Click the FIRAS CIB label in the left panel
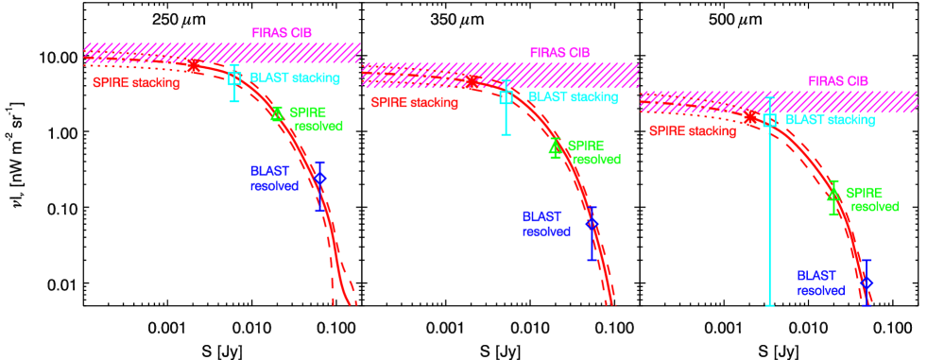pyautogui.click(x=282, y=33)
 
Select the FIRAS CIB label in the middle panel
pyautogui.click(x=559, y=53)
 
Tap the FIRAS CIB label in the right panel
pyautogui.click(x=837, y=81)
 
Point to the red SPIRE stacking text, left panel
pyautogui.click(x=136, y=82)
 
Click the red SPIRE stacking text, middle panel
pyautogui.click(x=414, y=102)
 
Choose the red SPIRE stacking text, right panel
pyautogui.click(x=692, y=131)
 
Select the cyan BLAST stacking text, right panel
pyautogui.click(x=830, y=120)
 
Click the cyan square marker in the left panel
pyautogui.click(x=235, y=78)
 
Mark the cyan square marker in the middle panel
pyautogui.click(x=506, y=96)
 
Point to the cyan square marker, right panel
pyautogui.click(x=769, y=120)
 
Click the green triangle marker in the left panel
pyautogui.click(x=277, y=113)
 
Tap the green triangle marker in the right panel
pyautogui.click(x=833, y=195)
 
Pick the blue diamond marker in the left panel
pyautogui.click(x=320, y=178)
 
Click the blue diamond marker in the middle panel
pyautogui.click(x=592, y=224)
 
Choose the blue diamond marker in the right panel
pyautogui.click(x=867, y=282)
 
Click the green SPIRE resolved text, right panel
pyautogui.click(x=871, y=199)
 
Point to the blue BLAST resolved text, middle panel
pyautogui.click(x=546, y=224)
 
